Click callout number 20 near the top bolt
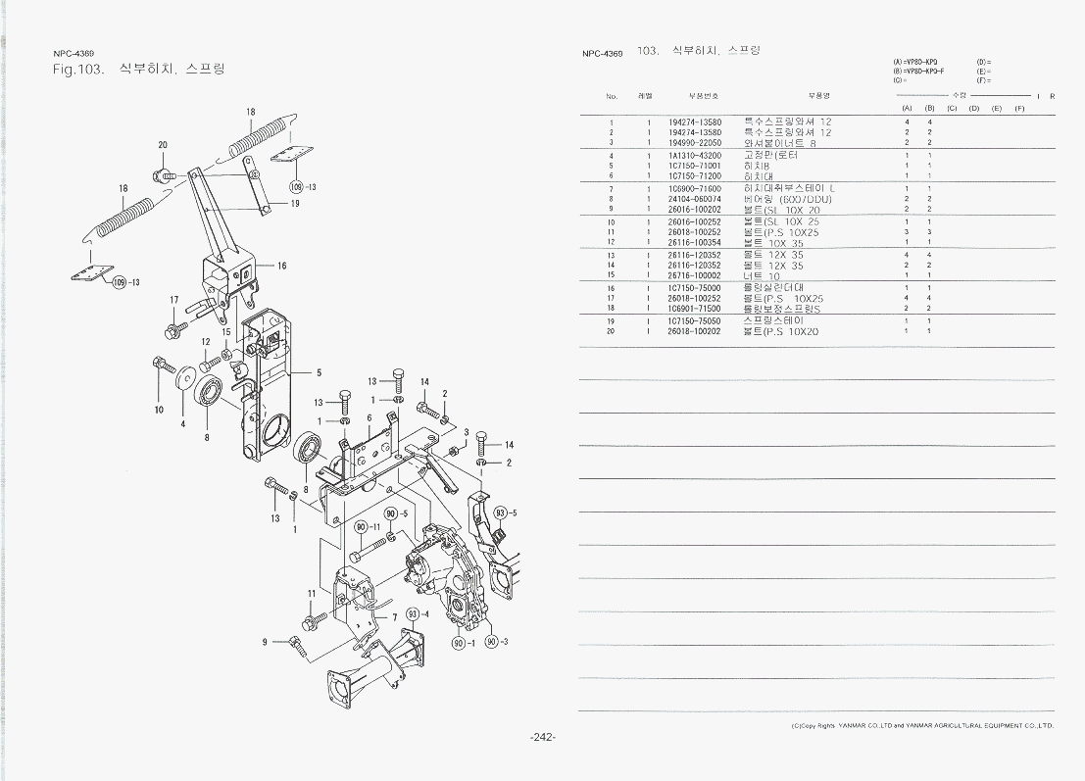(x=163, y=145)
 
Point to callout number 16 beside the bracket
(x=282, y=266)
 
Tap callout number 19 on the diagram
(x=295, y=204)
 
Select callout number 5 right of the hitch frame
(x=320, y=372)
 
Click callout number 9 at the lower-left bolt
(x=265, y=642)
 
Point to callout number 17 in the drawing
(x=174, y=300)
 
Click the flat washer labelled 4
(x=184, y=376)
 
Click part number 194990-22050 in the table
(x=694, y=143)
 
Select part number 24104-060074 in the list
(x=694, y=199)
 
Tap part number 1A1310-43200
(x=694, y=156)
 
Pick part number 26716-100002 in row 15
(x=694, y=276)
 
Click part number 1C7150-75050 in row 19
(x=694, y=320)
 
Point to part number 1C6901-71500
(x=694, y=309)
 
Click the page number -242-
(x=543, y=737)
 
